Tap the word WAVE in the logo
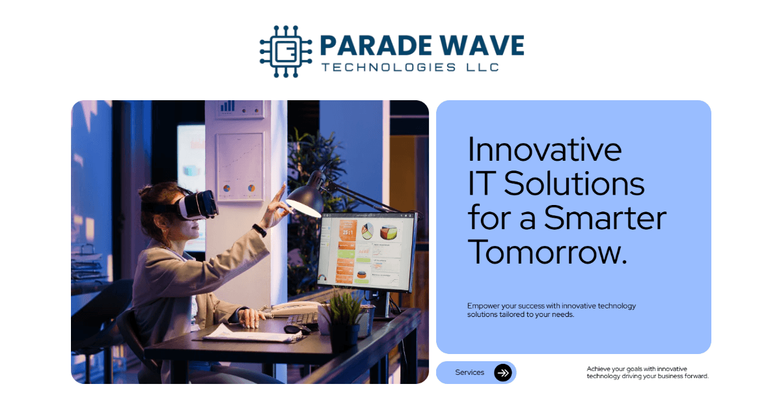(x=486, y=46)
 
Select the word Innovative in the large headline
(x=545, y=150)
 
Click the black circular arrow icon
(x=503, y=372)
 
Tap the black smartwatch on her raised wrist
(x=260, y=230)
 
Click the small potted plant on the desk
(x=343, y=319)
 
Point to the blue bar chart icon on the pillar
(x=227, y=105)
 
